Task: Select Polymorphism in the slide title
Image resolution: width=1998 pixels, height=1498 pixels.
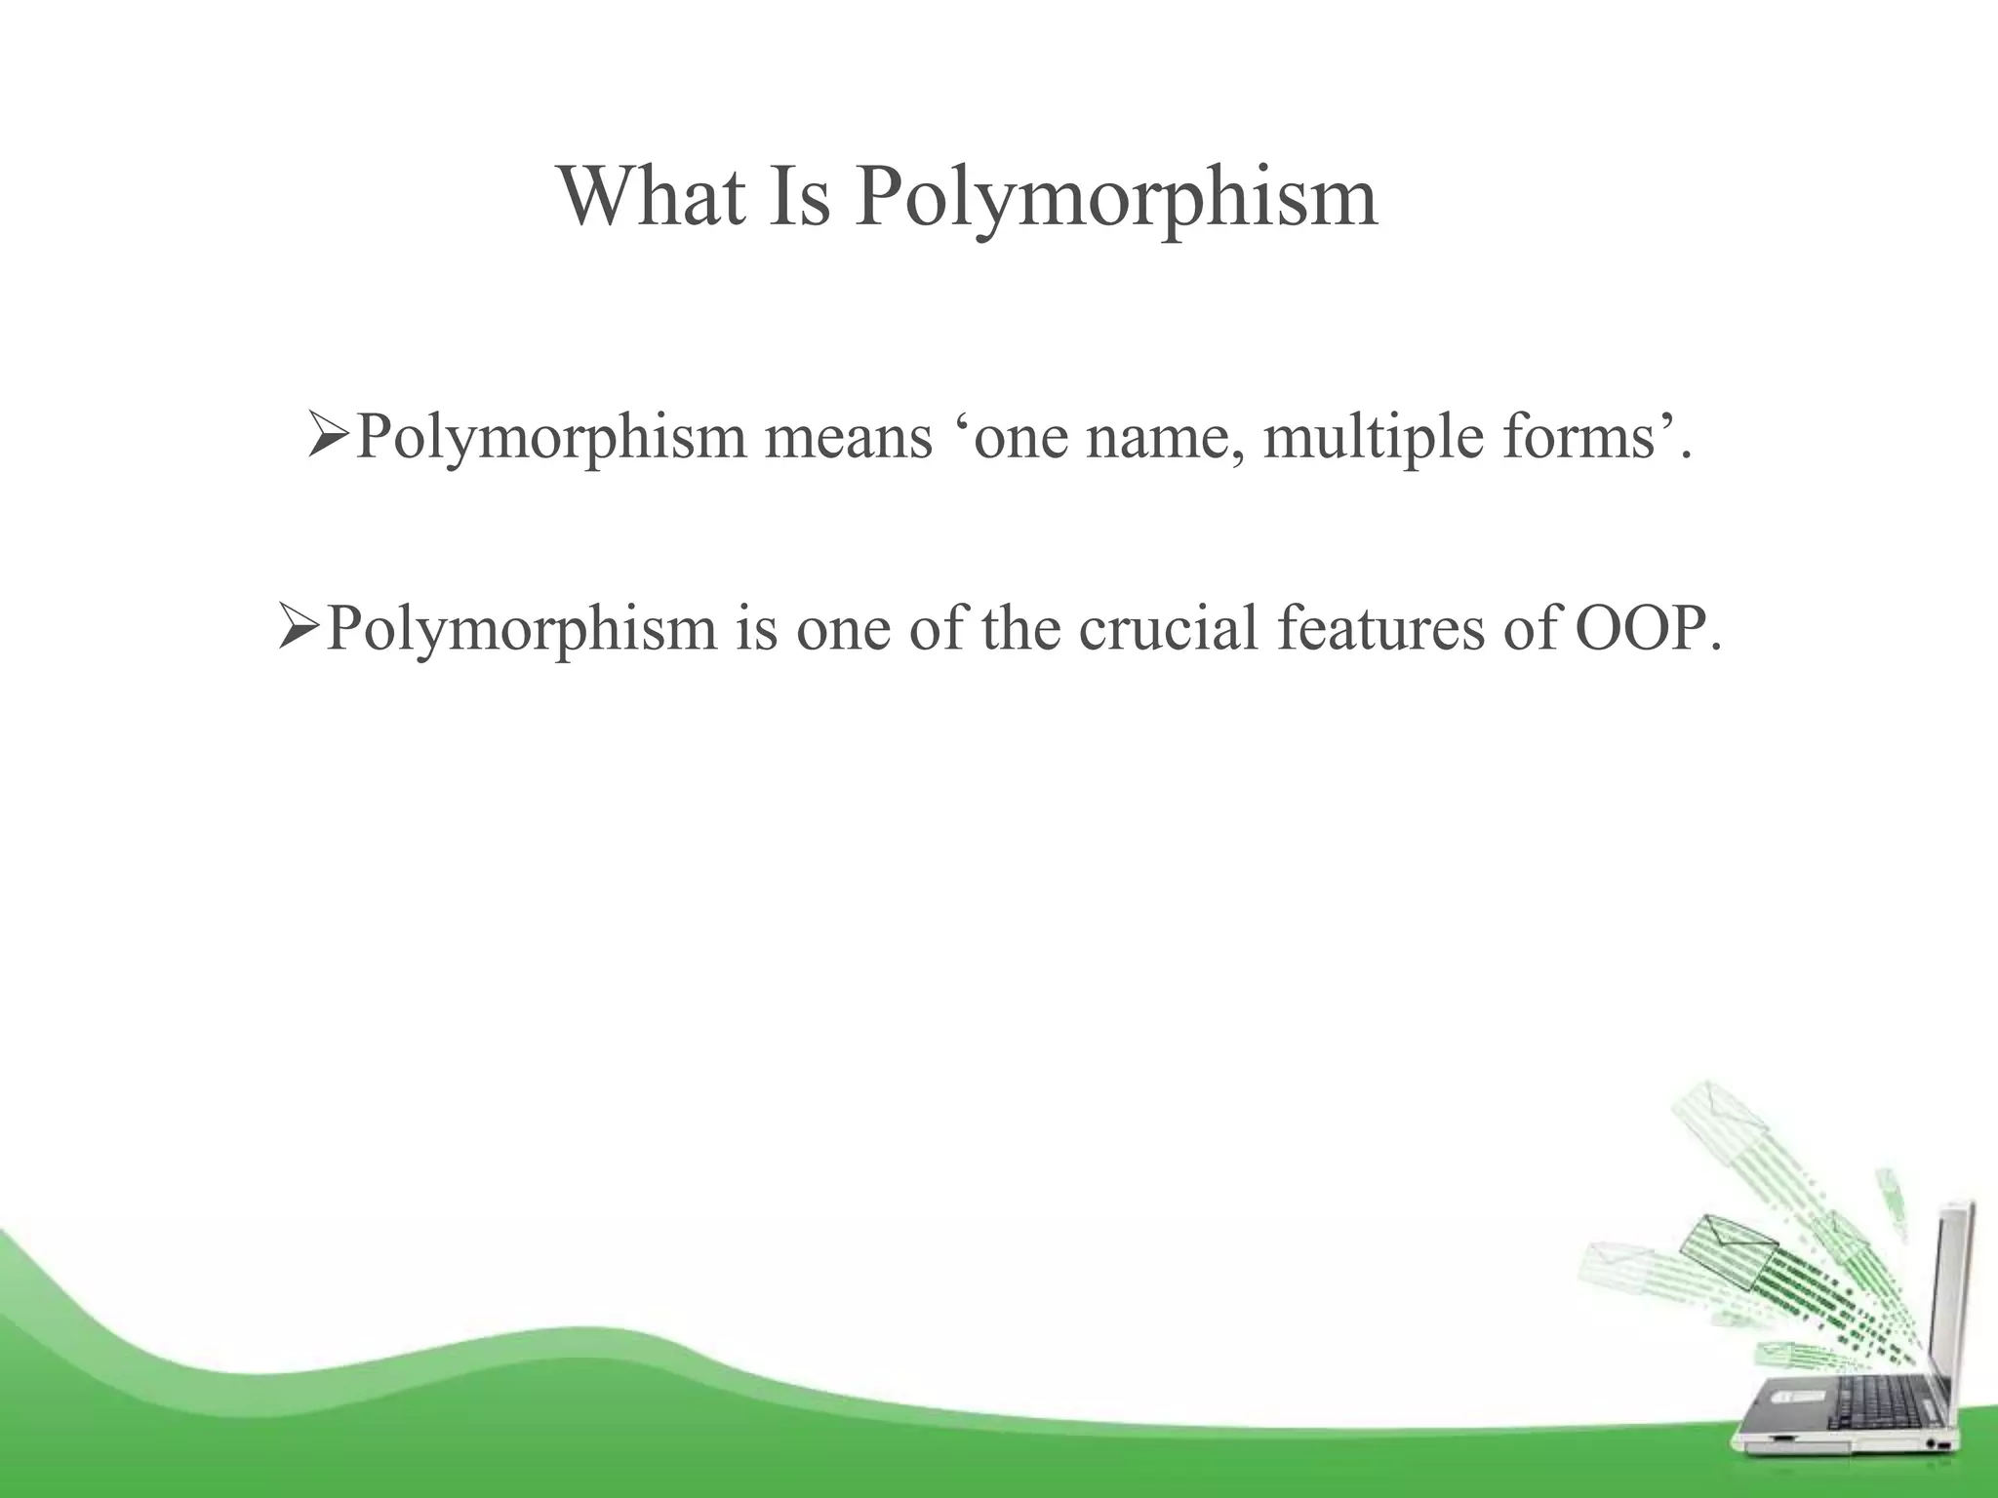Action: pyautogui.click(x=1116, y=200)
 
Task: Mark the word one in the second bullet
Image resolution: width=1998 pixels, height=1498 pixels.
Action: pyautogui.click(x=845, y=629)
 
